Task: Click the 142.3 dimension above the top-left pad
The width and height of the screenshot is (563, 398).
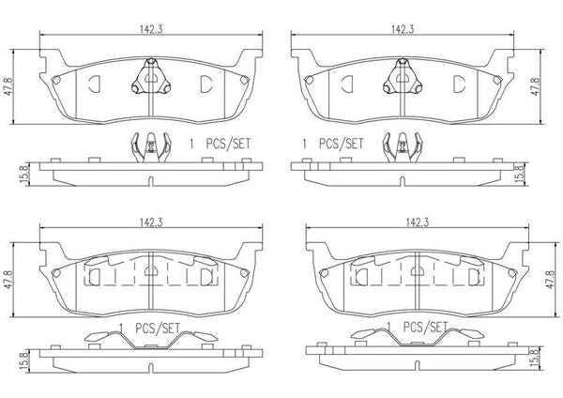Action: [151, 29]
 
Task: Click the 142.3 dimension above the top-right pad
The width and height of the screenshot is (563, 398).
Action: [403, 29]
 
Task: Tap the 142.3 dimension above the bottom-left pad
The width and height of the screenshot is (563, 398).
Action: [151, 222]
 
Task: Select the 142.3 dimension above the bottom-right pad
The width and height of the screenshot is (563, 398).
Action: [418, 222]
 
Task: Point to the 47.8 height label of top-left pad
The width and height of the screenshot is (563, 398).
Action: [7, 86]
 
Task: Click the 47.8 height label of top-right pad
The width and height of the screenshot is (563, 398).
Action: [536, 86]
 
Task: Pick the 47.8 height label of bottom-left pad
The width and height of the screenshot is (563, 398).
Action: [7, 280]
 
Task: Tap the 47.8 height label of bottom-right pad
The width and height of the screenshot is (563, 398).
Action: [551, 280]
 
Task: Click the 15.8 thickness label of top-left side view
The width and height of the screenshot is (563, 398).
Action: [23, 175]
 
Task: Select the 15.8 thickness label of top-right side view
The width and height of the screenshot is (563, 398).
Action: [519, 175]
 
